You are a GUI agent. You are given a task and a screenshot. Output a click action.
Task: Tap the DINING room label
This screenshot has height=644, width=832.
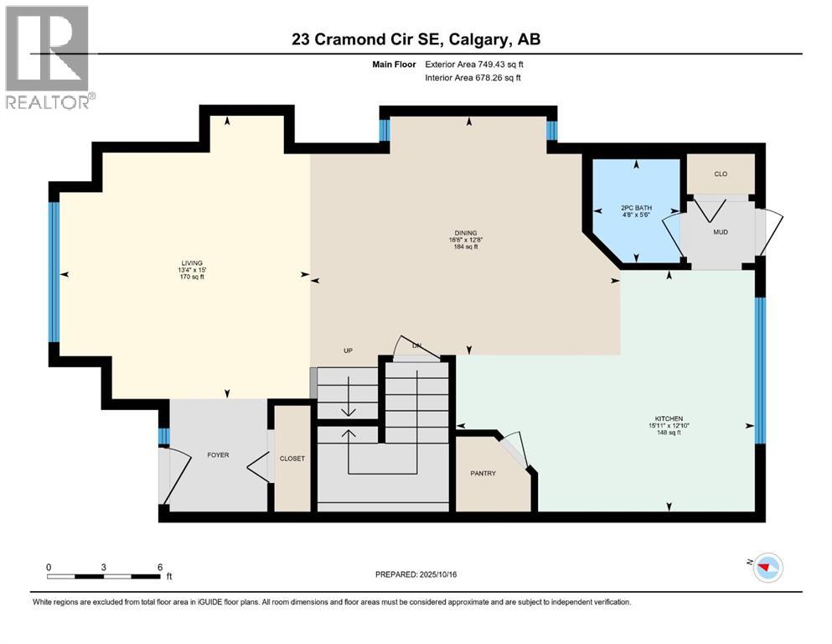coord(466,233)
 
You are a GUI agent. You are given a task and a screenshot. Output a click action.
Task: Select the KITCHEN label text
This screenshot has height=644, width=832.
coord(669,418)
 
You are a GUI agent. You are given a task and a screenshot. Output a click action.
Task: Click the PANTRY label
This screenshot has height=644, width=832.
coord(483,474)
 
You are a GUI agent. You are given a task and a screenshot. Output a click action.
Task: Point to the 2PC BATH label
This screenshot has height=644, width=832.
coord(637,208)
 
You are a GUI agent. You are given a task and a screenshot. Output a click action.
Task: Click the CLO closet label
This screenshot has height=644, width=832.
coord(720,174)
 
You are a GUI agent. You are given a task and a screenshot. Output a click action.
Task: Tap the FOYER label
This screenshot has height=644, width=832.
coord(218,455)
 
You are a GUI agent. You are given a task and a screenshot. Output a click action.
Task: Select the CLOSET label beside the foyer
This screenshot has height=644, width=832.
coord(292,459)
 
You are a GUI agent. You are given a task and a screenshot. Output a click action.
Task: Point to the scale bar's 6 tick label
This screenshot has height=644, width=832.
coord(159,567)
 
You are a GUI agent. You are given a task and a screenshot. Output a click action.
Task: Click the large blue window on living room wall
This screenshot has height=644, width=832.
coord(54,273)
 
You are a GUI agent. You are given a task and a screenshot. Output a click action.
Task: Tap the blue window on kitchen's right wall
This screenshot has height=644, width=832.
coord(760,370)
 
